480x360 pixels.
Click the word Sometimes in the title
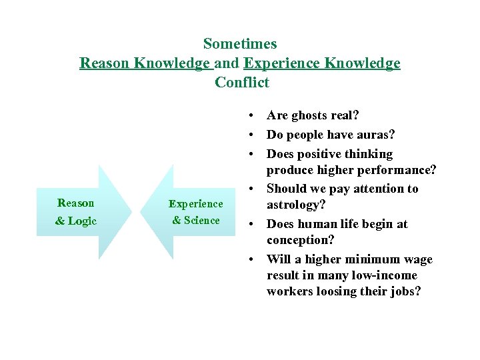240,44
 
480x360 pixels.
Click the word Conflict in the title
242,83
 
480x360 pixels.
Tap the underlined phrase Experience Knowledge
322,63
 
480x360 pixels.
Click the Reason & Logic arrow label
76,212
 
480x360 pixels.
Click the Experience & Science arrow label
196,212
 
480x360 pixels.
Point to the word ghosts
311,116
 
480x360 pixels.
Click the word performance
397,170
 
